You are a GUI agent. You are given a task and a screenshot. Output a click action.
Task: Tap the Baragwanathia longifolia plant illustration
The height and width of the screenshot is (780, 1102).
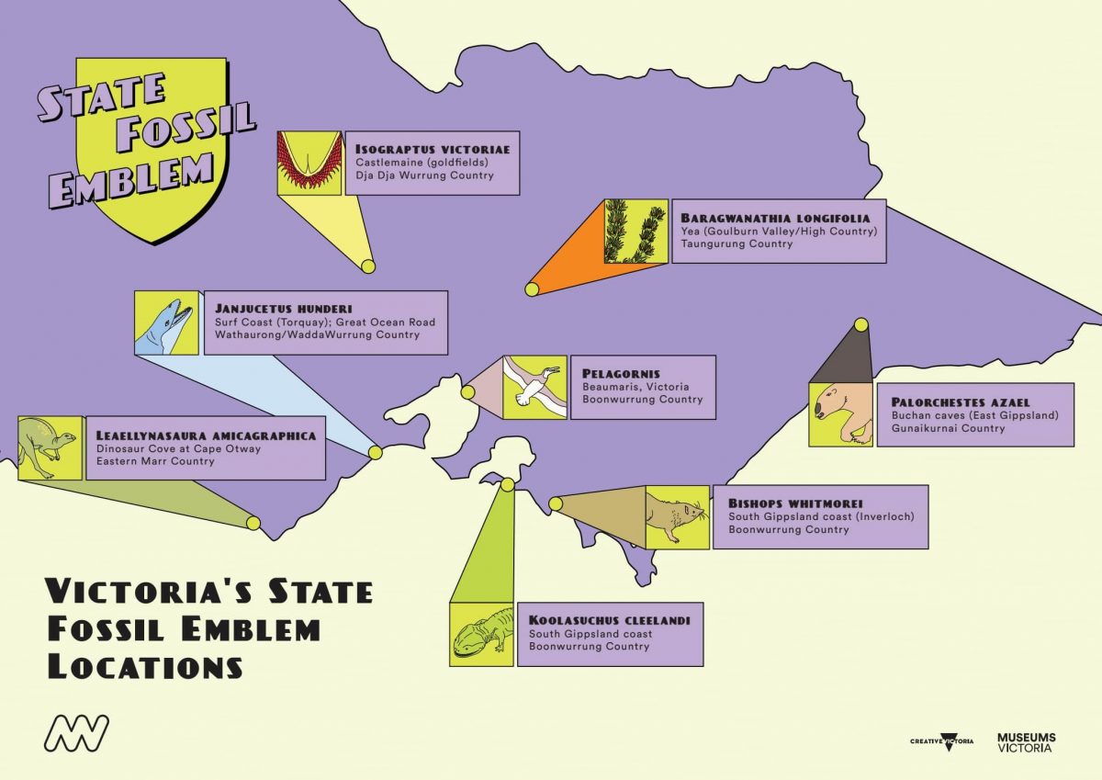(x=635, y=232)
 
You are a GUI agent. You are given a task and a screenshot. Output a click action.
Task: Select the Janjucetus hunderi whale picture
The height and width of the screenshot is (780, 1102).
(x=165, y=323)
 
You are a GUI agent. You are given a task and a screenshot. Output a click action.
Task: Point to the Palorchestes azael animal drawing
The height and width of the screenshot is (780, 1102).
(x=840, y=414)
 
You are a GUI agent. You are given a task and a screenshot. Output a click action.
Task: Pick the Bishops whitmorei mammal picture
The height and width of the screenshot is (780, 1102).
(x=678, y=517)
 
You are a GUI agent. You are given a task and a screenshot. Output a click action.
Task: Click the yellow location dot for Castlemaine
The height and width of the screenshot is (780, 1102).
(x=367, y=266)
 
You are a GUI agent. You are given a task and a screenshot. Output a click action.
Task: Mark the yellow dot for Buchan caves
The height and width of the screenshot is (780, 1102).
(x=861, y=324)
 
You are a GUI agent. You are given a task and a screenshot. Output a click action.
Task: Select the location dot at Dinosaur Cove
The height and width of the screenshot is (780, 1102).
(x=253, y=523)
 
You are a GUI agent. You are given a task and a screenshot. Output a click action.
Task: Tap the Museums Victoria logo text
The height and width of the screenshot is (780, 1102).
(x=1026, y=742)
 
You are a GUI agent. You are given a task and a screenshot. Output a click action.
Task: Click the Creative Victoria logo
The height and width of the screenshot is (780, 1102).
(x=941, y=741)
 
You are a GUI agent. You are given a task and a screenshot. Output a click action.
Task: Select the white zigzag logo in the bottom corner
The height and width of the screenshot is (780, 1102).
(x=77, y=732)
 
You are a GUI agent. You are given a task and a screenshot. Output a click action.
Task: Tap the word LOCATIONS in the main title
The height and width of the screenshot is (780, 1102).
(x=145, y=665)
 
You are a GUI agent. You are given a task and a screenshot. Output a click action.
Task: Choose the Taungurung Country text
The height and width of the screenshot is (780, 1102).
(x=737, y=244)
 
